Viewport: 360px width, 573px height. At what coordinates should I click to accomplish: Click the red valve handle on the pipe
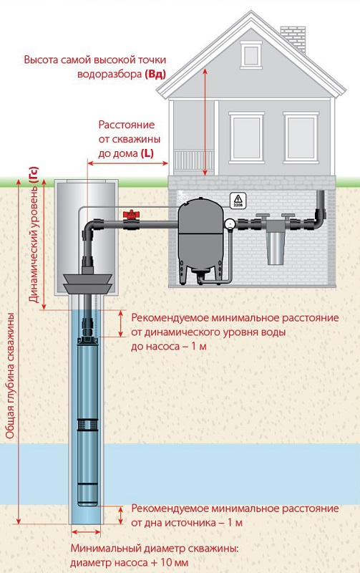130,213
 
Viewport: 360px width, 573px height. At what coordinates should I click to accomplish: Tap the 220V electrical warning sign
238,201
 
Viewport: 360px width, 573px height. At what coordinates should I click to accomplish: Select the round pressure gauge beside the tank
230,223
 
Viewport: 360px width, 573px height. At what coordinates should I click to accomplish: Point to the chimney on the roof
293,38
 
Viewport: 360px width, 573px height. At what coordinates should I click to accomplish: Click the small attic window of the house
251,54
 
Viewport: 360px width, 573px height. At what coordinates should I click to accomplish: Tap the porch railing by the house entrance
189,160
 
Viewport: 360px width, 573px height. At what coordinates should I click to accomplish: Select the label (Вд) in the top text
155,74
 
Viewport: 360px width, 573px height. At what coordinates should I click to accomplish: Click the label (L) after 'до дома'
147,153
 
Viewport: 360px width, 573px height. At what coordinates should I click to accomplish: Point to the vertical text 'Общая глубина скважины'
10,375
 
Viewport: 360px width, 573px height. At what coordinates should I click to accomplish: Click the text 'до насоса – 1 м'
169,346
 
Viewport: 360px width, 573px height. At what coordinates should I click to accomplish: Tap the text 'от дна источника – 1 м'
187,523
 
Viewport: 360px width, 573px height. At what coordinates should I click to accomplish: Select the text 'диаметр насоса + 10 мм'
130,562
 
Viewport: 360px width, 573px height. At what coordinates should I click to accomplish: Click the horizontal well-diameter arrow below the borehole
86,531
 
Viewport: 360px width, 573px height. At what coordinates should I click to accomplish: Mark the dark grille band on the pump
87,424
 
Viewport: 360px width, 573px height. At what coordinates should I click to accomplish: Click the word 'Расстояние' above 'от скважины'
127,125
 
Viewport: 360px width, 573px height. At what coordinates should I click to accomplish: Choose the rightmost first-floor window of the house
301,137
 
